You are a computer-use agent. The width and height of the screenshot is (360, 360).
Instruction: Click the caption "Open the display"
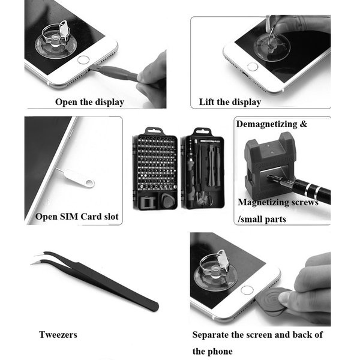coord(89,102)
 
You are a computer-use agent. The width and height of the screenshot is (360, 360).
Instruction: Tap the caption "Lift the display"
coord(230,102)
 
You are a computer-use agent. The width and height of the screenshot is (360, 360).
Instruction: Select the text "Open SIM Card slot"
coord(77,217)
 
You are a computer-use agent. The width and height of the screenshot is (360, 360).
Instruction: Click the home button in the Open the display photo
coord(83,60)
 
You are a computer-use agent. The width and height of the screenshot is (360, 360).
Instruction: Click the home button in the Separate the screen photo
coord(246,290)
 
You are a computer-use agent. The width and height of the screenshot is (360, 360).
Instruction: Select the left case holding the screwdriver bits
coord(155,169)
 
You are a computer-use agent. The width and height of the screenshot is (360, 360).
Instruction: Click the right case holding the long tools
coord(203,168)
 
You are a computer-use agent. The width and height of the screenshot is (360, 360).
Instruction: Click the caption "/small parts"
coord(262,220)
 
